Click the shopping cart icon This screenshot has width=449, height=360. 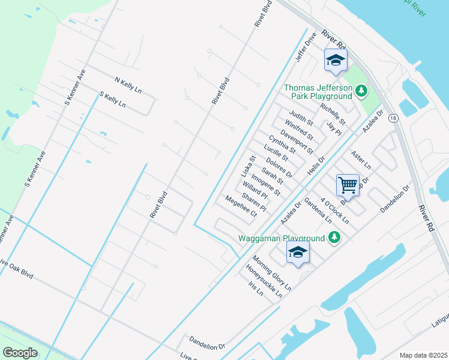click(x=348, y=185)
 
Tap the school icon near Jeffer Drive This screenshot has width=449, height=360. click(x=336, y=60)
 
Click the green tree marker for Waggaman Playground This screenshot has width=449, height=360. click(x=335, y=238)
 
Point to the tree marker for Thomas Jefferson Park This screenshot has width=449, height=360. click(x=361, y=91)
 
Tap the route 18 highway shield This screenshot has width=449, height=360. click(x=393, y=119)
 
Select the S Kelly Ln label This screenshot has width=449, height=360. click(x=113, y=100)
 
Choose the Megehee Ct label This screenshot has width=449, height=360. click(x=241, y=206)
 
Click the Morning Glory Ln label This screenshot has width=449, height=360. click(x=271, y=274)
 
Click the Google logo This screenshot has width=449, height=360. click(x=20, y=353)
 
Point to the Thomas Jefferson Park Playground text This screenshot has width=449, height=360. click(x=318, y=92)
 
